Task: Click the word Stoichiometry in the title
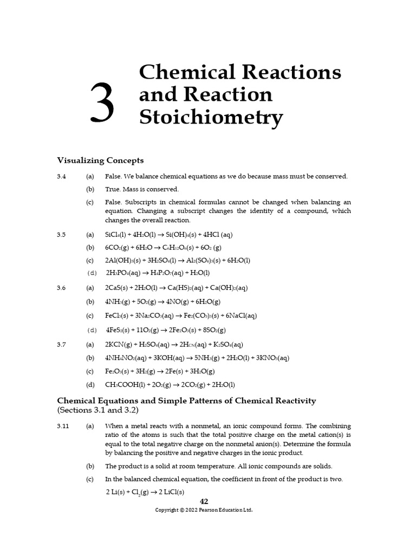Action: pyautogui.click(x=211, y=118)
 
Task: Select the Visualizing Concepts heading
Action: pyautogui.click(x=100, y=160)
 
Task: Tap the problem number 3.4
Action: pyautogui.click(x=61, y=177)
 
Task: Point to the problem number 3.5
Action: pyautogui.click(x=61, y=235)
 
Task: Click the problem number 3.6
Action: pyautogui.click(x=61, y=288)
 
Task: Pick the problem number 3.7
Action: pyautogui.click(x=61, y=344)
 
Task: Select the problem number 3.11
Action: pyautogui.click(x=63, y=426)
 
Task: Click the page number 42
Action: pyautogui.click(x=204, y=501)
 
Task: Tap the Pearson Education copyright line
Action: pyautogui.click(x=204, y=510)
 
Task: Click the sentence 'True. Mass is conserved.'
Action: pyautogui.click(x=141, y=190)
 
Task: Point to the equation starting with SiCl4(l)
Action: pyautogui.click(x=169, y=235)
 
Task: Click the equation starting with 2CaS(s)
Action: pyautogui.click(x=176, y=288)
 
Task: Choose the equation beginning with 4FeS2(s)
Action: pyautogui.click(x=166, y=330)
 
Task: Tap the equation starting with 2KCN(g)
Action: pyautogui.click(x=174, y=344)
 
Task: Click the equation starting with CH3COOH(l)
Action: pyautogui.click(x=170, y=385)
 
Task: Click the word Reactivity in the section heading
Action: pyautogui.click(x=290, y=401)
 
